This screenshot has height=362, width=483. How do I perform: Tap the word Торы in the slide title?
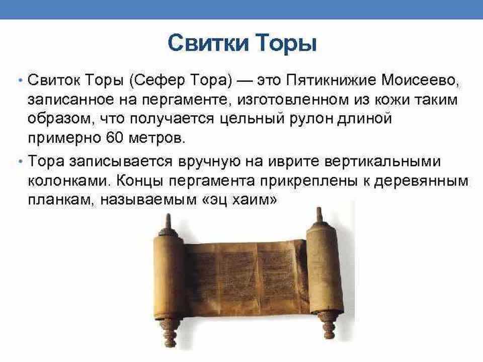[286, 44]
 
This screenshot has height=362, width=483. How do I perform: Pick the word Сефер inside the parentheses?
[162, 80]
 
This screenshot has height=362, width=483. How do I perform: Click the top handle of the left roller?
[167, 221]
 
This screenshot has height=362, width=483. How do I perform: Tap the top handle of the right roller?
[318, 214]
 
